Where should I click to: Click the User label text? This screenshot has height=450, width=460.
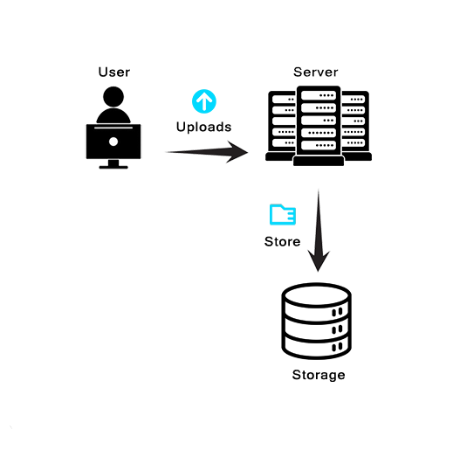(113, 72)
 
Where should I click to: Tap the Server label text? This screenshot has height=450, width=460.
(316, 72)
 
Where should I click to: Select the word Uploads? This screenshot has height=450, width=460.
(203, 127)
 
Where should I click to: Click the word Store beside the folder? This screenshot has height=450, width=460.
(282, 241)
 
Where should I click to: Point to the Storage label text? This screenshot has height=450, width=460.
(319, 376)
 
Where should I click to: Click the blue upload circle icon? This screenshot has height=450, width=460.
(204, 101)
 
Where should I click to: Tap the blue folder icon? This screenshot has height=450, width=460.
(283, 214)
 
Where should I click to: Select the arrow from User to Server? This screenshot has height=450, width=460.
(207, 152)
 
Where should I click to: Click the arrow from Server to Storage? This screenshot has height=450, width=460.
(319, 231)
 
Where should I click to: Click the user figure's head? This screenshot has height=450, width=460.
(113, 97)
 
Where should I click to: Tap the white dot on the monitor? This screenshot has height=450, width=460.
(113, 142)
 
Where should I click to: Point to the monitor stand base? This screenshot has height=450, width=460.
(113, 167)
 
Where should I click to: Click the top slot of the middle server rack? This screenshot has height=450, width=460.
(319, 95)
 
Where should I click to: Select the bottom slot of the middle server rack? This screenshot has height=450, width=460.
(319, 145)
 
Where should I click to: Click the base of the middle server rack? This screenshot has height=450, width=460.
(319, 161)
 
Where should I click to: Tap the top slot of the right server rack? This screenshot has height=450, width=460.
(354, 100)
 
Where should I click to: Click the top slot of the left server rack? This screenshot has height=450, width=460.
(284, 100)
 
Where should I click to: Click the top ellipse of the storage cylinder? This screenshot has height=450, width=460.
(317, 294)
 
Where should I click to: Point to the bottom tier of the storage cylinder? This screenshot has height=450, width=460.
(317, 347)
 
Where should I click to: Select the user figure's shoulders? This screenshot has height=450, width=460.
(113, 116)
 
